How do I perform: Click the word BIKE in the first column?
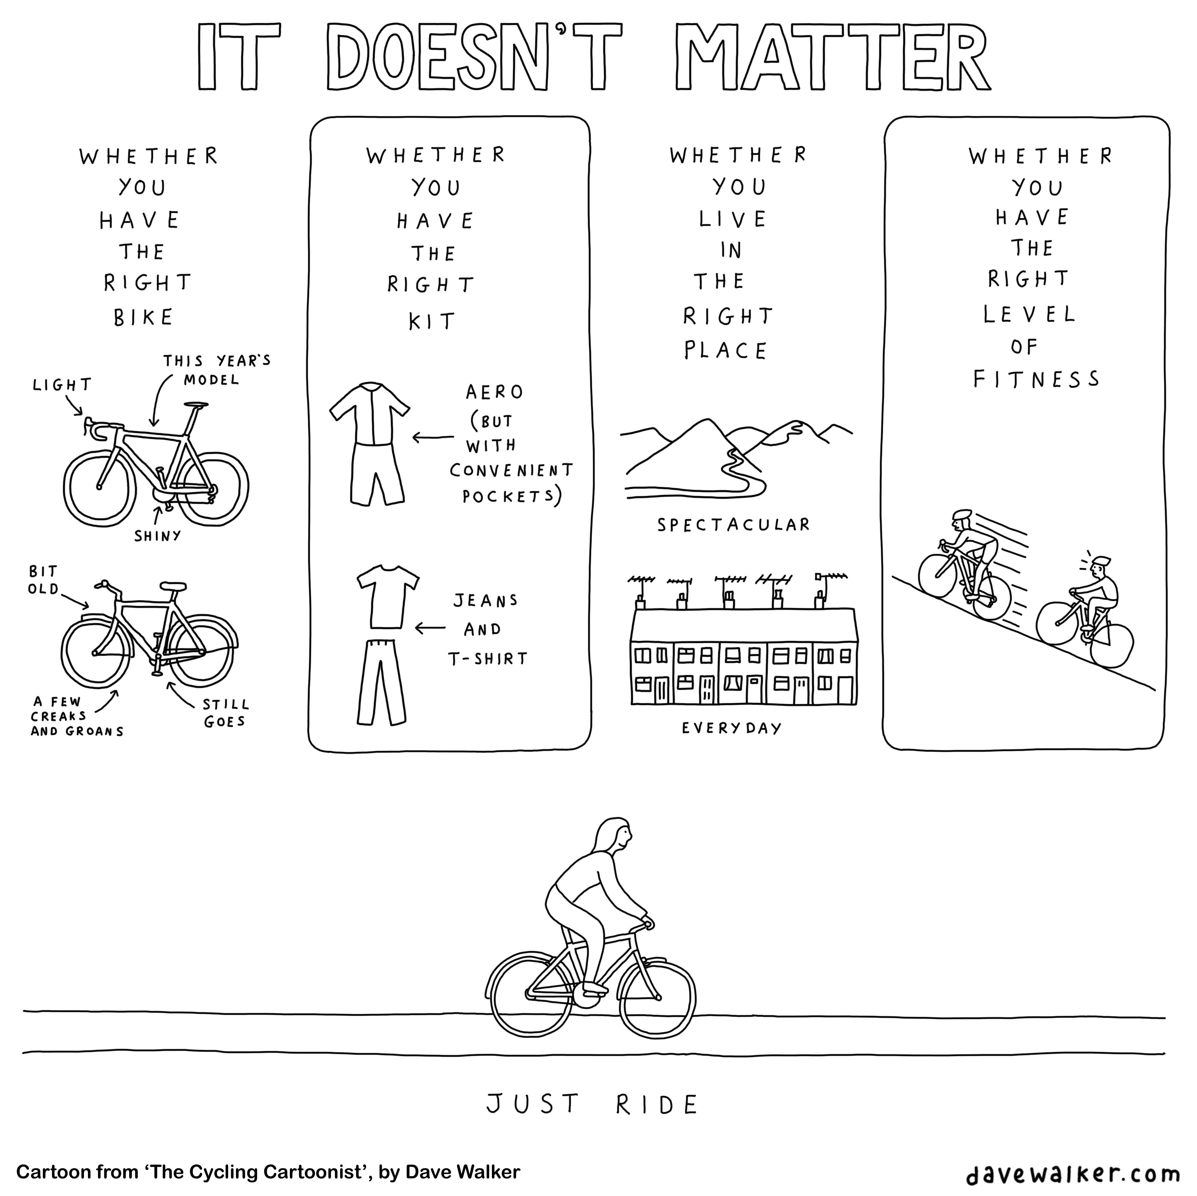tap(143, 317)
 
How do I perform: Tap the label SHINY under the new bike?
tap(157, 535)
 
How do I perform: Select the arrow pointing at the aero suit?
tap(433, 438)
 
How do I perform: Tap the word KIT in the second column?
tap(432, 322)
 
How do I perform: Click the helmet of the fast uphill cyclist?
tap(962, 514)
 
